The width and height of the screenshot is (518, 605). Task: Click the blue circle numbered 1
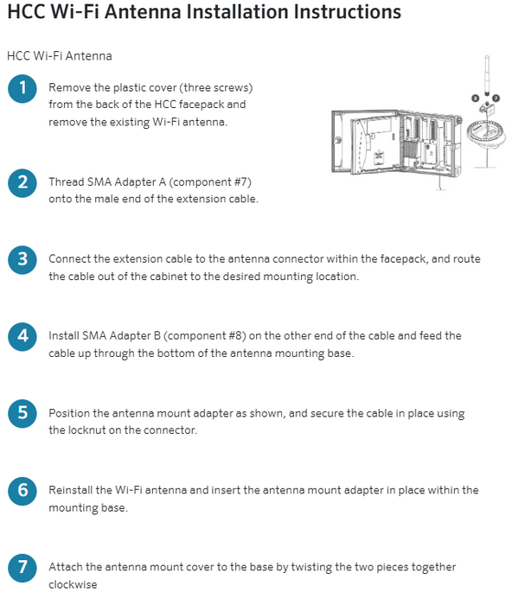[x=22, y=89]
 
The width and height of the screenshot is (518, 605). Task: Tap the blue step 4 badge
[x=22, y=337]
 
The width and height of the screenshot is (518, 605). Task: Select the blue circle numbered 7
[x=22, y=568]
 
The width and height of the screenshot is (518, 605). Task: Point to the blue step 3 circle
[x=22, y=259]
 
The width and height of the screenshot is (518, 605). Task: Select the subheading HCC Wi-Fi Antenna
[x=60, y=56]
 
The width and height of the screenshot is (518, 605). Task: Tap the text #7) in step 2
[x=242, y=181]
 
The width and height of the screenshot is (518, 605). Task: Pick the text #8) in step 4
[x=237, y=335]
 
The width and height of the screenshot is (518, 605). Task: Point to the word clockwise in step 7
[x=73, y=584]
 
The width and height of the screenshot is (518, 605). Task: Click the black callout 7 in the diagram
[x=496, y=99]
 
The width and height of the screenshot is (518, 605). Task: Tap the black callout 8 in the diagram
[x=476, y=99]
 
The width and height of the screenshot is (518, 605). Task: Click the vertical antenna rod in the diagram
[x=487, y=76]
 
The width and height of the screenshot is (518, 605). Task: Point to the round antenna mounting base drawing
[x=486, y=133]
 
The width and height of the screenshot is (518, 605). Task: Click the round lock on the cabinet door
[x=338, y=140]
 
